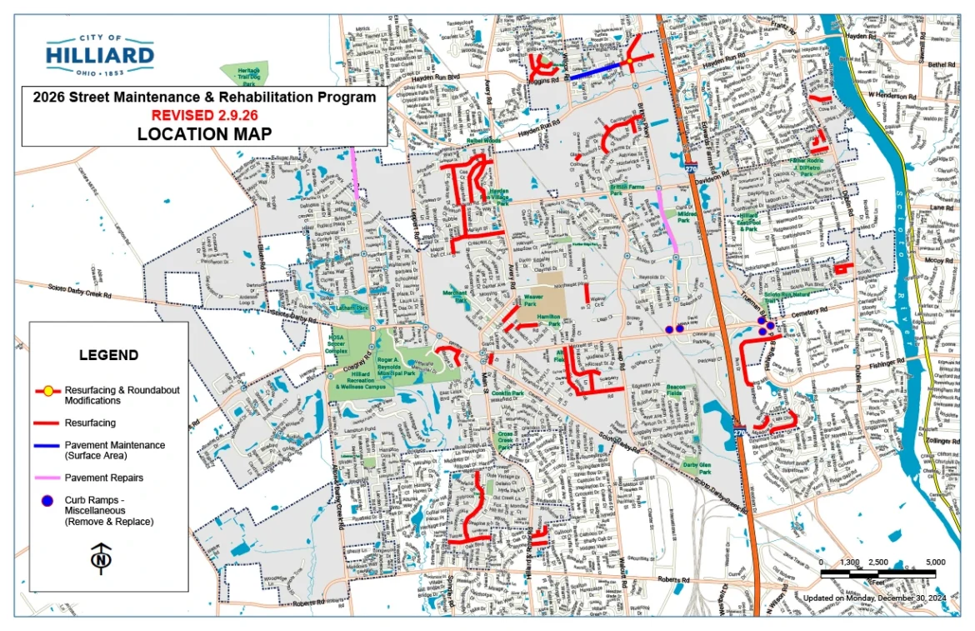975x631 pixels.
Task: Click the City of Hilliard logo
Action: tap(100, 56)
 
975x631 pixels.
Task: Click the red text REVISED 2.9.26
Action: tap(203, 114)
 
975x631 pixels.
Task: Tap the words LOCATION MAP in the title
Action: tap(203, 133)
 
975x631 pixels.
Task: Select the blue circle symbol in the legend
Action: tap(47, 500)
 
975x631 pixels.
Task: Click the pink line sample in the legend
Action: tap(47, 478)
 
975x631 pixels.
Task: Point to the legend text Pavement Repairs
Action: tap(104, 478)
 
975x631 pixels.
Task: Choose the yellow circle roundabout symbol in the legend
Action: tap(48, 390)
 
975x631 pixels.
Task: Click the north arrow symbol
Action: tap(101, 558)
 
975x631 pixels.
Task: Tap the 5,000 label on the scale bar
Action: tap(934, 562)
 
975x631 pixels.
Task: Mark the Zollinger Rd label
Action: tap(938, 439)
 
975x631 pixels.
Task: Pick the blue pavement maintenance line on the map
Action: tap(597, 72)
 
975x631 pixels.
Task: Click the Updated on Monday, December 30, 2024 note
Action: tap(874, 598)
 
